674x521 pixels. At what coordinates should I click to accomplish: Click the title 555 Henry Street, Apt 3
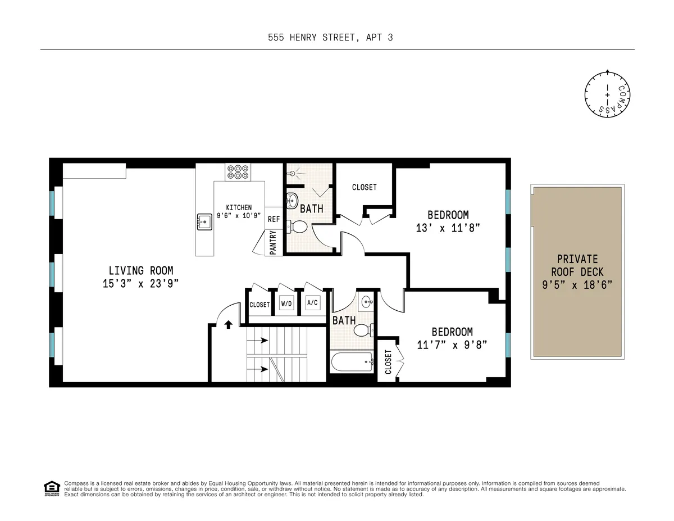(x=337, y=38)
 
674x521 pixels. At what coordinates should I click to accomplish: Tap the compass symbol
(x=608, y=95)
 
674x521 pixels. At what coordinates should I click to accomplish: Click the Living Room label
(x=140, y=270)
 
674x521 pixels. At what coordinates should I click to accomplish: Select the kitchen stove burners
(x=238, y=171)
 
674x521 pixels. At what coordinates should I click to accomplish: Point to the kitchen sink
(x=204, y=222)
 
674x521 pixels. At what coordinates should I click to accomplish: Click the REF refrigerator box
(x=274, y=219)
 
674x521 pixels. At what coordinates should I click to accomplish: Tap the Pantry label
(x=274, y=245)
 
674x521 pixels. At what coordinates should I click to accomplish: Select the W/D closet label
(x=286, y=304)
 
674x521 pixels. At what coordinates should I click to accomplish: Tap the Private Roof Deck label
(x=577, y=272)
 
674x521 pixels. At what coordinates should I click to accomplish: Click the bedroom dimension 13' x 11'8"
(x=448, y=228)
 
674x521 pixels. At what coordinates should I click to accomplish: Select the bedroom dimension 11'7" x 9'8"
(x=452, y=345)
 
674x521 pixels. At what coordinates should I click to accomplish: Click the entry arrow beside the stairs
(x=229, y=324)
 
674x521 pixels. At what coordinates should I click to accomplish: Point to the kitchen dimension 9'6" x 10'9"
(x=239, y=215)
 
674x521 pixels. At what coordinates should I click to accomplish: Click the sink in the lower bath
(x=367, y=301)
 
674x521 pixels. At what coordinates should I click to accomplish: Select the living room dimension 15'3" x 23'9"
(x=140, y=283)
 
